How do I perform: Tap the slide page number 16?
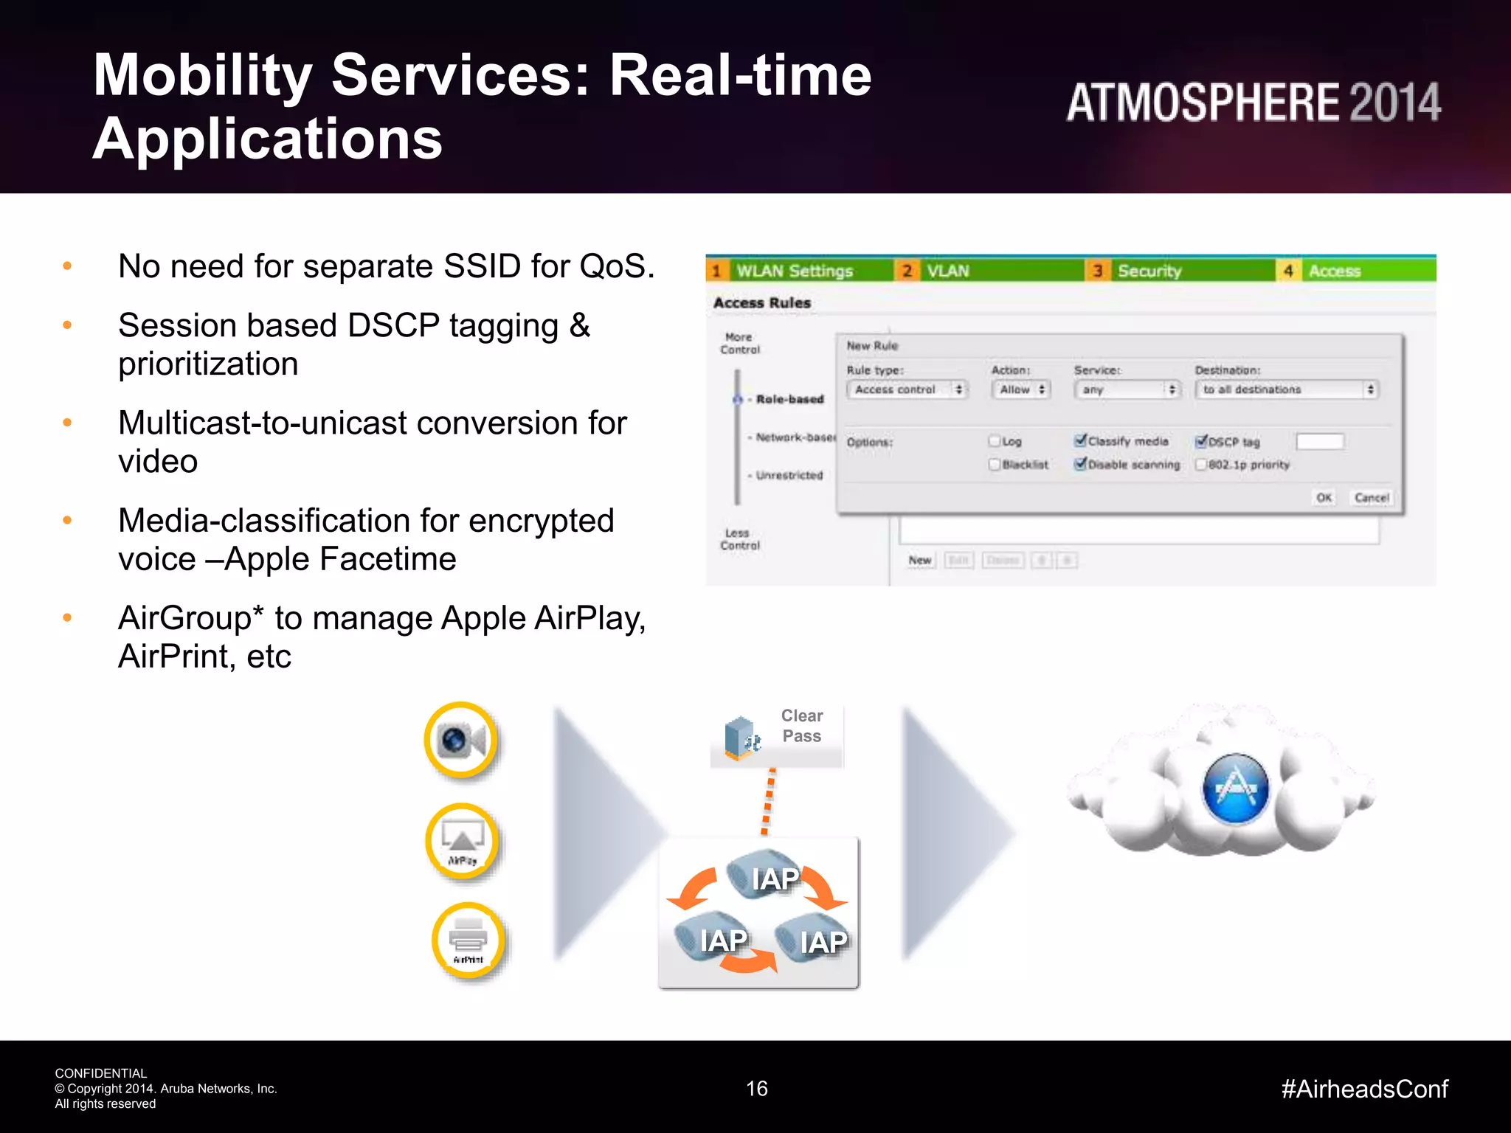pyautogui.click(x=756, y=1088)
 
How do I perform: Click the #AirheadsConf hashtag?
pyautogui.click(x=1364, y=1088)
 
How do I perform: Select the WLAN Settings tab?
pyautogui.click(x=794, y=271)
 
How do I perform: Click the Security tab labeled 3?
pyautogui.click(x=1148, y=271)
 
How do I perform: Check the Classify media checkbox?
pyautogui.click(x=1081, y=440)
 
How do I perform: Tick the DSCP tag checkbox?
pyautogui.click(x=1201, y=441)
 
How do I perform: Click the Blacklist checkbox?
pyautogui.click(x=995, y=464)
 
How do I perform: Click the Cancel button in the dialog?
pyautogui.click(x=1371, y=497)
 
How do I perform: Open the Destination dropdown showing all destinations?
pyautogui.click(x=1287, y=389)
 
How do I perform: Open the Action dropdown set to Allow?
pyautogui.click(x=1021, y=389)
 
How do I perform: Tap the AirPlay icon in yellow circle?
pyautogui.click(x=463, y=842)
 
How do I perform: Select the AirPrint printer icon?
pyautogui.click(x=468, y=940)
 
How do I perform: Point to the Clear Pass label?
pyautogui.click(x=801, y=726)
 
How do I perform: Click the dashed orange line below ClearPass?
pyautogui.click(x=768, y=801)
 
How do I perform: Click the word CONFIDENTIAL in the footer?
pyautogui.click(x=100, y=1073)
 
